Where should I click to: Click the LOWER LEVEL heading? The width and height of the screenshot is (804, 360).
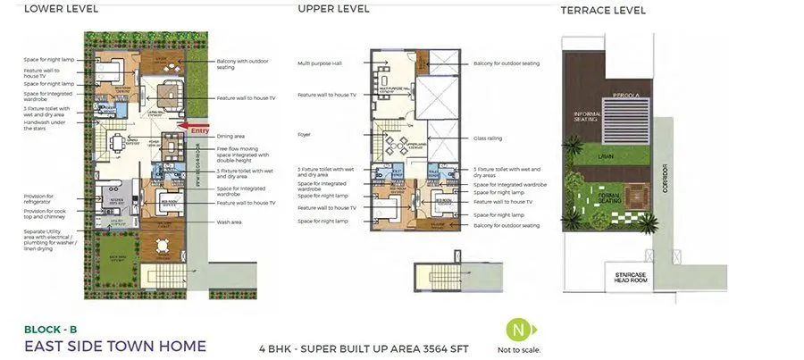(x=61, y=9)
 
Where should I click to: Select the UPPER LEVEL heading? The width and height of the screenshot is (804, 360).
(x=333, y=9)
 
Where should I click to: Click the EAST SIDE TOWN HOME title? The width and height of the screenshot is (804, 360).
(x=114, y=346)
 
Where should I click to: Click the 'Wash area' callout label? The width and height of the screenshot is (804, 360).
(x=230, y=222)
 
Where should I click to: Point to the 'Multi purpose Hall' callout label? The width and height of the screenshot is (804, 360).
(x=318, y=63)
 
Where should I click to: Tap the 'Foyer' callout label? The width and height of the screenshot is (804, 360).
(x=304, y=135)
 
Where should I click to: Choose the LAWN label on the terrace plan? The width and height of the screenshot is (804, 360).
(x=606, y=155)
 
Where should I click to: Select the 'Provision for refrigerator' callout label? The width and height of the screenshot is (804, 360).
(x=38, y=197)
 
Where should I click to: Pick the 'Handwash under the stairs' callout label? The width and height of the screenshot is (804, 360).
(x=41, y=124)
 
